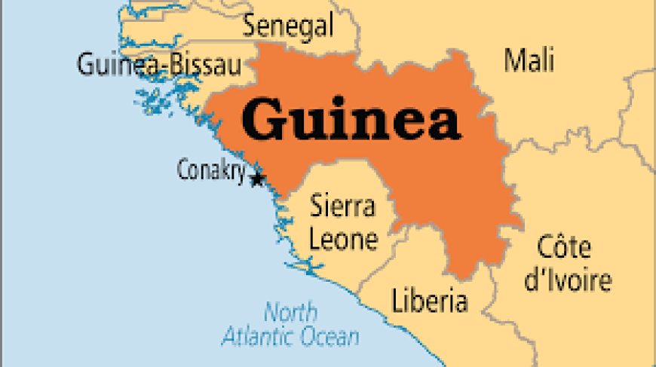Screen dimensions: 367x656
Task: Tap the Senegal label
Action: (287, 27)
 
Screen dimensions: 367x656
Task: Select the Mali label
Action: (529, 60)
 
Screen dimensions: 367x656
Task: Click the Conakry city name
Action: (211, 171)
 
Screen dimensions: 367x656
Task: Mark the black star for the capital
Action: (257, 179)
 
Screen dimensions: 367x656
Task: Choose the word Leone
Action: (344, 240)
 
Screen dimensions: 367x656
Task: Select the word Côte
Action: (564, 247)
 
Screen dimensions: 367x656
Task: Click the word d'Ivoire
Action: (568, 281)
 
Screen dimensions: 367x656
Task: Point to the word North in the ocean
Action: (290, 310)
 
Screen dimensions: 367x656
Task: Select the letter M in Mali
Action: (513, 60)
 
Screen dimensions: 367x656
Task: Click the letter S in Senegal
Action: (250, 27)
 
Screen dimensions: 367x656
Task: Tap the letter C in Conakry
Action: (183, 171)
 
